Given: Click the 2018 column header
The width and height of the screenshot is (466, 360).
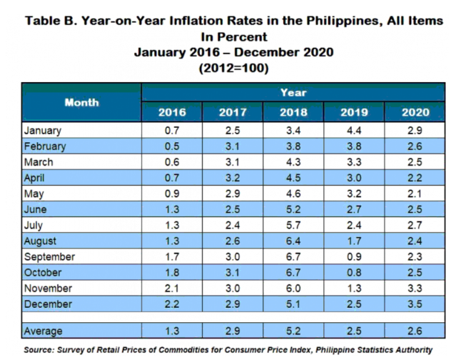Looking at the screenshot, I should coord(293,112).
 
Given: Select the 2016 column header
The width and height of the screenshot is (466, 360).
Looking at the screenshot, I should coord(172,112).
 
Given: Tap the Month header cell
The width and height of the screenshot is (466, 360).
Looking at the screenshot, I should coord(81,102).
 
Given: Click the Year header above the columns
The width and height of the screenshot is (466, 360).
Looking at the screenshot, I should coord(293,92).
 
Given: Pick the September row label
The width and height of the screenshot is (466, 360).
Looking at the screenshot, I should coord(48,257).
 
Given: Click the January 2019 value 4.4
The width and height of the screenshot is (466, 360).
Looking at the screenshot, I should coord(355,131).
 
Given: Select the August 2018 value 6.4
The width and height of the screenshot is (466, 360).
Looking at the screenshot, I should coord(293,241).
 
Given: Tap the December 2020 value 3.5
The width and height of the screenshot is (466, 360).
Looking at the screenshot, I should coord(415,304).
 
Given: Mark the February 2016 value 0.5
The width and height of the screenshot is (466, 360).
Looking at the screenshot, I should coord(172,146).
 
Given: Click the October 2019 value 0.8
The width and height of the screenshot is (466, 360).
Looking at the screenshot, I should coord(355,273).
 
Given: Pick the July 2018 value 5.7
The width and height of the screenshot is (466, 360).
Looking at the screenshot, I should coord(293,226).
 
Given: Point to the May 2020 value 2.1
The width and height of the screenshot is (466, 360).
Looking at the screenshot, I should coord(415,194).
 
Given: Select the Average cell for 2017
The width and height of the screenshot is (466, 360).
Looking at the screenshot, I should coord(233,331).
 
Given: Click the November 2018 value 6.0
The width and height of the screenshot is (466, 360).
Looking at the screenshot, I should coord(293,289).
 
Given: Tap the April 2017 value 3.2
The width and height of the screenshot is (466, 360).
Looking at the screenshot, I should coord(233,178).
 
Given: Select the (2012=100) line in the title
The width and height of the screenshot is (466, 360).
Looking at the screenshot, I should coord(233,68).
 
